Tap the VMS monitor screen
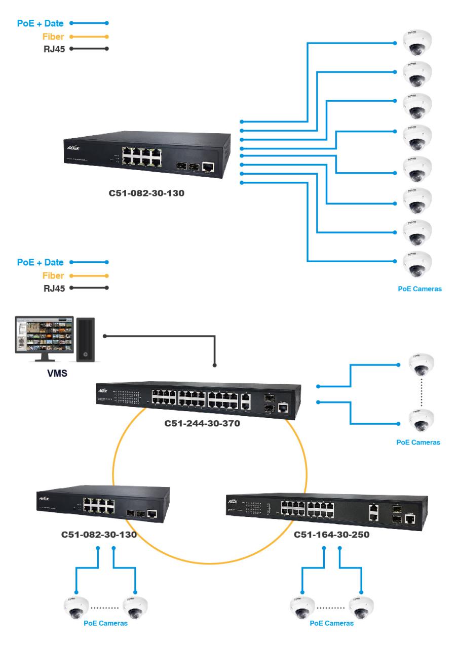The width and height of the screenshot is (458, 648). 43,335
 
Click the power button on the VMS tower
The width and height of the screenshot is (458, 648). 85,354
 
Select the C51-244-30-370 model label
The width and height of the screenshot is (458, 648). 202,423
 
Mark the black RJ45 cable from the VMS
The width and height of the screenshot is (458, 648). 162,336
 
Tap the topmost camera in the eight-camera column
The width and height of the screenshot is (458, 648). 416,43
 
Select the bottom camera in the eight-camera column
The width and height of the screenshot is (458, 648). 416,263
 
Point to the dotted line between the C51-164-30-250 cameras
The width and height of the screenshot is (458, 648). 331,606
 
